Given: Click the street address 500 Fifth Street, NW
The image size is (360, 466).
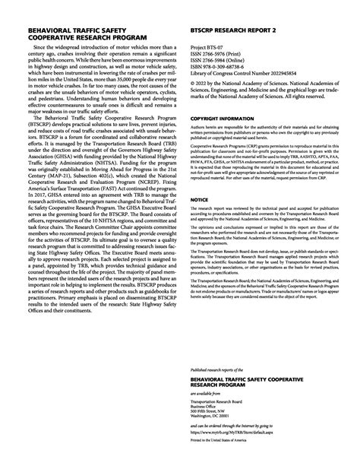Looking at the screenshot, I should click(213, 409).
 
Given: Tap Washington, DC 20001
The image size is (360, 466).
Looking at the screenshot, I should click(214, 415).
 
